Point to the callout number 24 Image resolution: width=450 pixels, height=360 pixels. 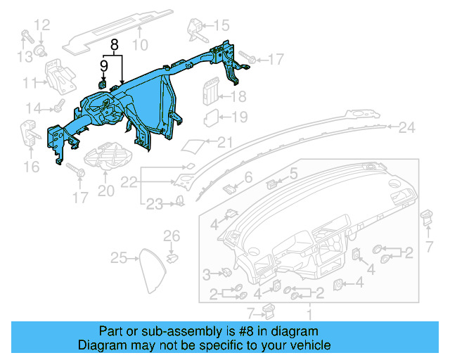(x=407, y=127)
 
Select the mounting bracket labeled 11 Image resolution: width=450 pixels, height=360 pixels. (x=53, y=77)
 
